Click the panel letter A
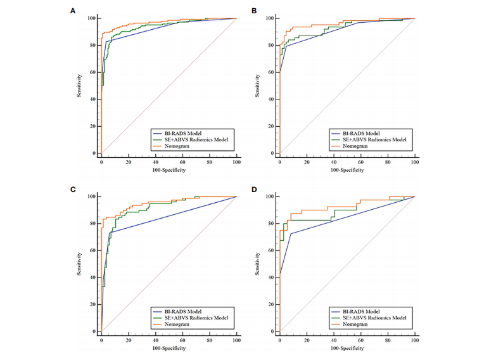point(74,11)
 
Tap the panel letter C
point(74,189)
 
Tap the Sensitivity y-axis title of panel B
point(257,86)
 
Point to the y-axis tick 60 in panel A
point(92,72)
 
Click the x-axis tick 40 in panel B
point(334,161)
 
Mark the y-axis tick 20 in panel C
point(92,304)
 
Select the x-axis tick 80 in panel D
point(388,339)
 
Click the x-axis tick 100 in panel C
point(236,339)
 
